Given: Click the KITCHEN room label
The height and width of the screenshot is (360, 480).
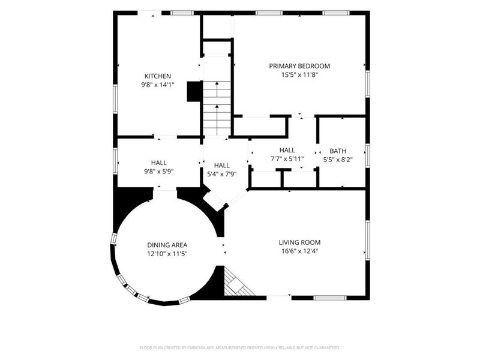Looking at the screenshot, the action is coord(158,76).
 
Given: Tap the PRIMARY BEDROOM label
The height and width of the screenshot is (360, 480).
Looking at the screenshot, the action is coord(299,66).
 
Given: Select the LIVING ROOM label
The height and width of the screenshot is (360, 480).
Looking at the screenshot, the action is coord(299,242).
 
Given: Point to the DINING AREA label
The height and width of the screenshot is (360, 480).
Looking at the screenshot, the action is coord(167,245).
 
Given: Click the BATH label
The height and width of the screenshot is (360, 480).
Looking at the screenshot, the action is coord(338,151).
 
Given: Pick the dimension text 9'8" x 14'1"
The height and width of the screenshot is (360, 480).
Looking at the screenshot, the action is coord(158,85).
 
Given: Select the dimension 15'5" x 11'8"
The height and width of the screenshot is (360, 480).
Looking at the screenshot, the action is coord(299,74).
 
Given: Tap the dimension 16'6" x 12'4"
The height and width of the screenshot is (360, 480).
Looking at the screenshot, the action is coord(299,251).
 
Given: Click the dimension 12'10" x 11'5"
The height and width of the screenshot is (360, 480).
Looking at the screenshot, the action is coord(167,254).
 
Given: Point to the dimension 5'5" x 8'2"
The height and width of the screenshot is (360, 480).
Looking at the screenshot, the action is coord(338,160).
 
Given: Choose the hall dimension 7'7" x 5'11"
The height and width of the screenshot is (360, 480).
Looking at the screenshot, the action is coord(287,159).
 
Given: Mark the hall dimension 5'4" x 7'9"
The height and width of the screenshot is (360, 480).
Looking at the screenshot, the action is coord(222,174).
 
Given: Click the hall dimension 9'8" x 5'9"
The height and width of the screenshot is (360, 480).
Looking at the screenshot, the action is coord(159,172).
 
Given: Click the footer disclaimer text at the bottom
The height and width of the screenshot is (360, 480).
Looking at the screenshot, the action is coord(239,348).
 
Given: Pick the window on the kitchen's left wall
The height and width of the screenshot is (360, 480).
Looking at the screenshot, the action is coord(115,99).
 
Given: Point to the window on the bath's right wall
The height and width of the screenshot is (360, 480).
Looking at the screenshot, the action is coord(368,155).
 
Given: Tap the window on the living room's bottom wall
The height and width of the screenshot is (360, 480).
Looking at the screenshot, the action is coord(330,298).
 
